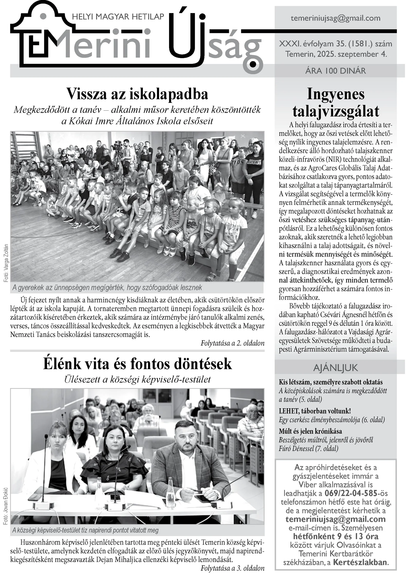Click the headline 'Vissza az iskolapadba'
137,94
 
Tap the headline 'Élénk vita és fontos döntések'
137,364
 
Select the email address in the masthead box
335,18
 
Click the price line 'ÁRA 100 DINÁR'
335,71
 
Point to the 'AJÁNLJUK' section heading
335,368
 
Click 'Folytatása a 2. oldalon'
232,343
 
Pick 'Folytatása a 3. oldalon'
232,568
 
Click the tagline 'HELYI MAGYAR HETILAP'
118,17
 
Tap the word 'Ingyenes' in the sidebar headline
335,94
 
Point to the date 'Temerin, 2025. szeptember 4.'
336,54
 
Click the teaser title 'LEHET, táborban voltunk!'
315,411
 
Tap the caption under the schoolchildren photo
107,287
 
